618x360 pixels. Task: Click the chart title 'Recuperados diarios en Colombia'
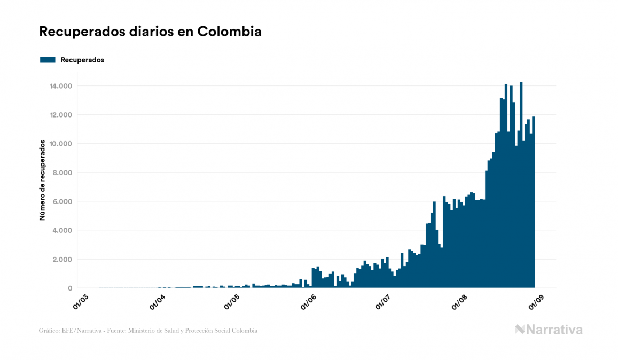pyautogui.click(x=150, y=32)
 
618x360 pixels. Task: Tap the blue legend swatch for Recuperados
pyautogui.click(x=48, y=60)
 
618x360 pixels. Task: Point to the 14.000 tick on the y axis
pyautogui.click(x=61, y=86)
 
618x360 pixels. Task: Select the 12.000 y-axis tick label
pyautogui.click(x=61, y=115)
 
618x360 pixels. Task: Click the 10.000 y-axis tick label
pyautogui.click(x=61, y=144)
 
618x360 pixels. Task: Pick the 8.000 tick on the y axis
pyautogui.click(x=62, y=173)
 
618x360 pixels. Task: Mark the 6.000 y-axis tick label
pyautogui.click(x=62, y=201)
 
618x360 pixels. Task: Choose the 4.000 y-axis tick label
pyautogui.click(x=62, y=230)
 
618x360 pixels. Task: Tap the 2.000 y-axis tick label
pyautogui.click(x=62, y=259)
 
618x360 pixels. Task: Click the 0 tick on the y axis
pyautogui.click(x=70, y=288)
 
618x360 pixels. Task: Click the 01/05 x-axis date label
pyautogui.click(x=232, y=302)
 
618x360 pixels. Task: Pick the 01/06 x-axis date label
pyautogui.click(x=308, y=302)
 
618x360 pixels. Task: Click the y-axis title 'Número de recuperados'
pyautogui.click(x=42, y=180)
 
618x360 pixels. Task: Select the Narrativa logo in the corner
pyautogui.click(x=549, y=330)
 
